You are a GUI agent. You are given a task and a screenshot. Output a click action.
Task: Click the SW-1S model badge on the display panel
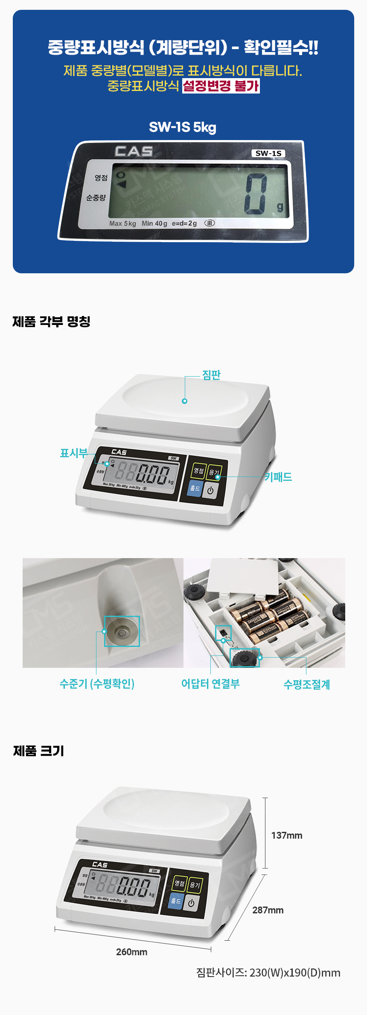pyautogui.click(x=268, y=153)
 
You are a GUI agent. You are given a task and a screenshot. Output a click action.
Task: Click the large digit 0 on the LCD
pyautogui.click(x=256, y=194)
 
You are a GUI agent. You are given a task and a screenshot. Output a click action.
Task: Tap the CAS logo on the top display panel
pyautogui.click(x=134, y=151)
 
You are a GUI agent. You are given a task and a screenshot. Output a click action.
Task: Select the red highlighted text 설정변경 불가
pyautogui.click(x=221, y=86)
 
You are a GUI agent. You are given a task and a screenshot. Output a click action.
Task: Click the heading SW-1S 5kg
pyautogui.click(x=183, y=127)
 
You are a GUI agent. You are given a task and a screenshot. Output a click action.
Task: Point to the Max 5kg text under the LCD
pyautogui.click(x=122, y=223)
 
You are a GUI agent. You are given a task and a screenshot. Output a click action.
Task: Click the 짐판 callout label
pyautogui.click(x=211, y=375)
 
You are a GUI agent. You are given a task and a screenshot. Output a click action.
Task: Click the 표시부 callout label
pyautogui.click(x=73, y=453)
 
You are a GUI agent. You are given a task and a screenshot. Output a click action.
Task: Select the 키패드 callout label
pyautogui.click(x=278, y=477)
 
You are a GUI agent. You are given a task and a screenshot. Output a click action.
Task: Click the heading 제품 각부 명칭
pyautogui.click(x=51, y=322)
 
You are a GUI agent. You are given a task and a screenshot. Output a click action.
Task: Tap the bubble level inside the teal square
pyautogui.click(x=122, y=631)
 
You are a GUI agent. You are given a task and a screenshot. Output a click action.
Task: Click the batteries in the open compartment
pyautogui.click(x=269, y=615)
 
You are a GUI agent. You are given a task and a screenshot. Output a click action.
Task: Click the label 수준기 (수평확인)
pyautogui.click(x=97, y=684)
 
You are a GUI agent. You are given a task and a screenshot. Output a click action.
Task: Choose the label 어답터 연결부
pyautogui.click(x=210, y=684)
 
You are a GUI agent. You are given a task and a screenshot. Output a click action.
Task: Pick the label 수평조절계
pyautogui.click(x=306, y=684)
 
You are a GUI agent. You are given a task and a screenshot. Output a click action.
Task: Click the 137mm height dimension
pyautogui.click(x=286, y=835)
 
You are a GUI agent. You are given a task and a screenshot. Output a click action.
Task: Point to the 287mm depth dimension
pyautogui.click(x=268, y=910)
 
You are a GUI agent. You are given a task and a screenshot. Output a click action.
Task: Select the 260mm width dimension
pyautogui.click(x=131, y=952)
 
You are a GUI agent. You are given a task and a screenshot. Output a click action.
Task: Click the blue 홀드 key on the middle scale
pyautogui.click(x=195, y=488)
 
